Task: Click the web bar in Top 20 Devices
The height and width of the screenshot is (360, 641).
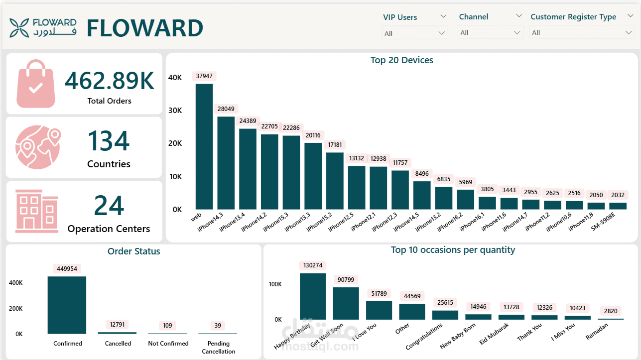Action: [x=204, y=146]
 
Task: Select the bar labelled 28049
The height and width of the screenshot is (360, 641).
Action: [x=226, y=163]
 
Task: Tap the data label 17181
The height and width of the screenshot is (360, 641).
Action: [x=335, y=145]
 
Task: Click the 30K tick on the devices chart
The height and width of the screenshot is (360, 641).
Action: [x=175, y=111]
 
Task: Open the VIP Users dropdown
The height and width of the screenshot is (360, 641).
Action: [x=414, y=33]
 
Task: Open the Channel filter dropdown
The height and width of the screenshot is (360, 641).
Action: [x=491, y=32]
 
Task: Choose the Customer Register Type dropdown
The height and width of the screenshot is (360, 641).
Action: [x=582, y=32]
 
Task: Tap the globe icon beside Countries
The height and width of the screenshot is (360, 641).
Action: [x=38, y=147]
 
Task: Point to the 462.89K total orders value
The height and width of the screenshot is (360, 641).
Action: [x=110, y=81]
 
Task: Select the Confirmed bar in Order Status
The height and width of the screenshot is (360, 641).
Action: [x=67, y=305]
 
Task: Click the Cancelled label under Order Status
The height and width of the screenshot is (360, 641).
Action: [x=118, y=344]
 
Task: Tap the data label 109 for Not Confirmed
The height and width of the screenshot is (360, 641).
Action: [x=167, y=326]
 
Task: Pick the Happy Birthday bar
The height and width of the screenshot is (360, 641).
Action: [x=313, y=296]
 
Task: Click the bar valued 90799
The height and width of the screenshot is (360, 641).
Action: [x=346, y=303]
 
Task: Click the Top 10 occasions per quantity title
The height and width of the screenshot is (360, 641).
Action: [x=453, y=250]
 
